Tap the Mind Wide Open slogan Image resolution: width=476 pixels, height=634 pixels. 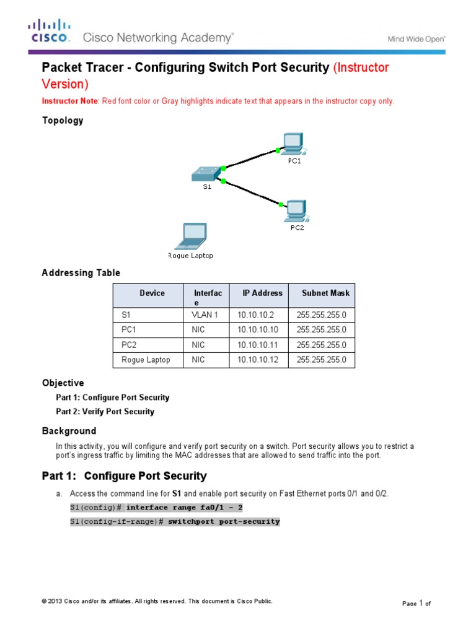click(416, 38)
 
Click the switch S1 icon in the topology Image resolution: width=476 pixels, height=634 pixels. click(206, 173)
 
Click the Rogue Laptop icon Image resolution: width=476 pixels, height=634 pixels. click(191, 236)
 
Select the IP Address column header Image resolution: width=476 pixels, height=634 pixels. click(262, 293)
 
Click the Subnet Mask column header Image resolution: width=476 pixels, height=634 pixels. click(325, 293)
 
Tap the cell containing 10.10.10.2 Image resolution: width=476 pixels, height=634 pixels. click(254, 315)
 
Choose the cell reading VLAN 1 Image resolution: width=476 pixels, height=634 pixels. click(205, 315)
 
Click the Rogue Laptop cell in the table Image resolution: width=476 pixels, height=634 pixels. click(146, 360)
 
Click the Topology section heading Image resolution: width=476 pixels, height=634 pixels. click(62, 121)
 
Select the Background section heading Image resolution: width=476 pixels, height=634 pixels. click(69, 431)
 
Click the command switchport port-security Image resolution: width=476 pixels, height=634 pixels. click(224, 522)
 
